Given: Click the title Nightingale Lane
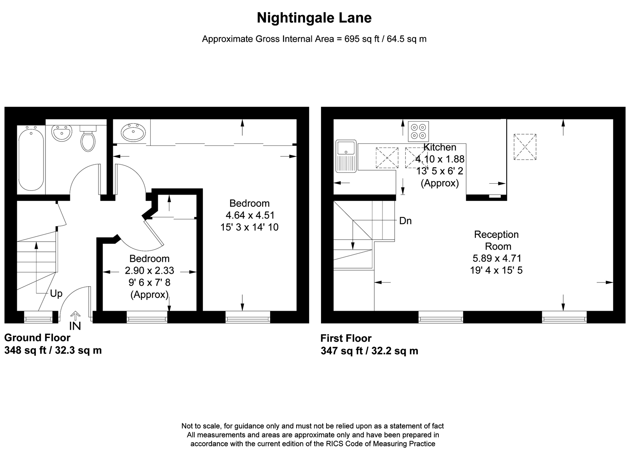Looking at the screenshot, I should pyautogui.click(x=314, y=18).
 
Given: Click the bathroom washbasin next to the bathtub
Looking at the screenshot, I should pyautogui.click(x=61, y=134).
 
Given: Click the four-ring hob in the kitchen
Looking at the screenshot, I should pyautogui.click(x=418, y=131).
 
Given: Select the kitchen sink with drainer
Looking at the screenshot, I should pyautogui.click(x=346, y=156).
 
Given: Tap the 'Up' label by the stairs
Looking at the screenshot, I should pyautogui.click(x=56, y=293).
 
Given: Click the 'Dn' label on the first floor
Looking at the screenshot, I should pyautogui.click(x=405, y=221).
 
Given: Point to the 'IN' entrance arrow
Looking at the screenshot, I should pyautogui.click(x=75, y=322).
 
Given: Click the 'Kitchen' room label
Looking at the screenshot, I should pyautogui.click(x=440, y=147).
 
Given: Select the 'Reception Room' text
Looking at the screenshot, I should pyautogui.click(x=496, y=240).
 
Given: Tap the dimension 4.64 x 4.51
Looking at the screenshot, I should pyautogui.click(x=249, y=215).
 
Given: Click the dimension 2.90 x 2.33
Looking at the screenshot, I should pyautogui.click(x=149, y=271).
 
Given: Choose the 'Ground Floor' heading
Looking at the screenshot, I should pyautogui.click(x=37, y=338).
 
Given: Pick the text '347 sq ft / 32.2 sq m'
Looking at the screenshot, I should pyautogui.click(x=369, y=351).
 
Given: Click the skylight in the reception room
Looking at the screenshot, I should pyautogui.click(x=525, y=147).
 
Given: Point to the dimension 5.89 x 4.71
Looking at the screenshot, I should pyautogui.click(x=496, y=258).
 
